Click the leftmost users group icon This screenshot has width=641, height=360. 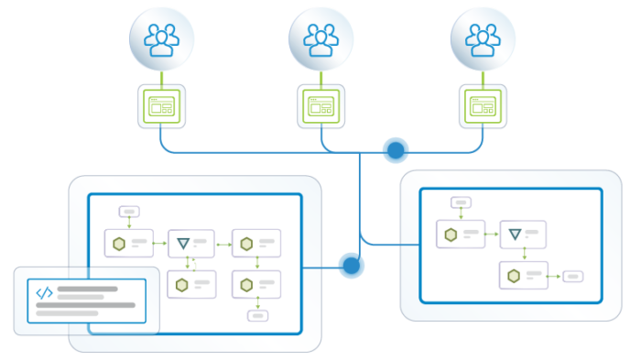160,39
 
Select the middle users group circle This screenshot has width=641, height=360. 320,39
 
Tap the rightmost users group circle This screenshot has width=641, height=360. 481,39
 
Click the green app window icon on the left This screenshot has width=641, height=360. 160,106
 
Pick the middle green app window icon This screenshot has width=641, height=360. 320,106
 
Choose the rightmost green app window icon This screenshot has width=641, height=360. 481,106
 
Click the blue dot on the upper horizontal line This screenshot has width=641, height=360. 396,150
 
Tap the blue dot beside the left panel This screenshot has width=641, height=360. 352,267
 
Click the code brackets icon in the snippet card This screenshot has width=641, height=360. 44,293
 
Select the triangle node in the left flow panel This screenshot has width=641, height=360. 184,243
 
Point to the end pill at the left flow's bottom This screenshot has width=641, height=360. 257,316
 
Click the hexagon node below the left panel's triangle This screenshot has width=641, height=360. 184,285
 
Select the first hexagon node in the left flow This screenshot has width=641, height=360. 120,243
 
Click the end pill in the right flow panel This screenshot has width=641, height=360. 572,276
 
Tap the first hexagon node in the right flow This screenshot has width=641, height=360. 451,235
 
